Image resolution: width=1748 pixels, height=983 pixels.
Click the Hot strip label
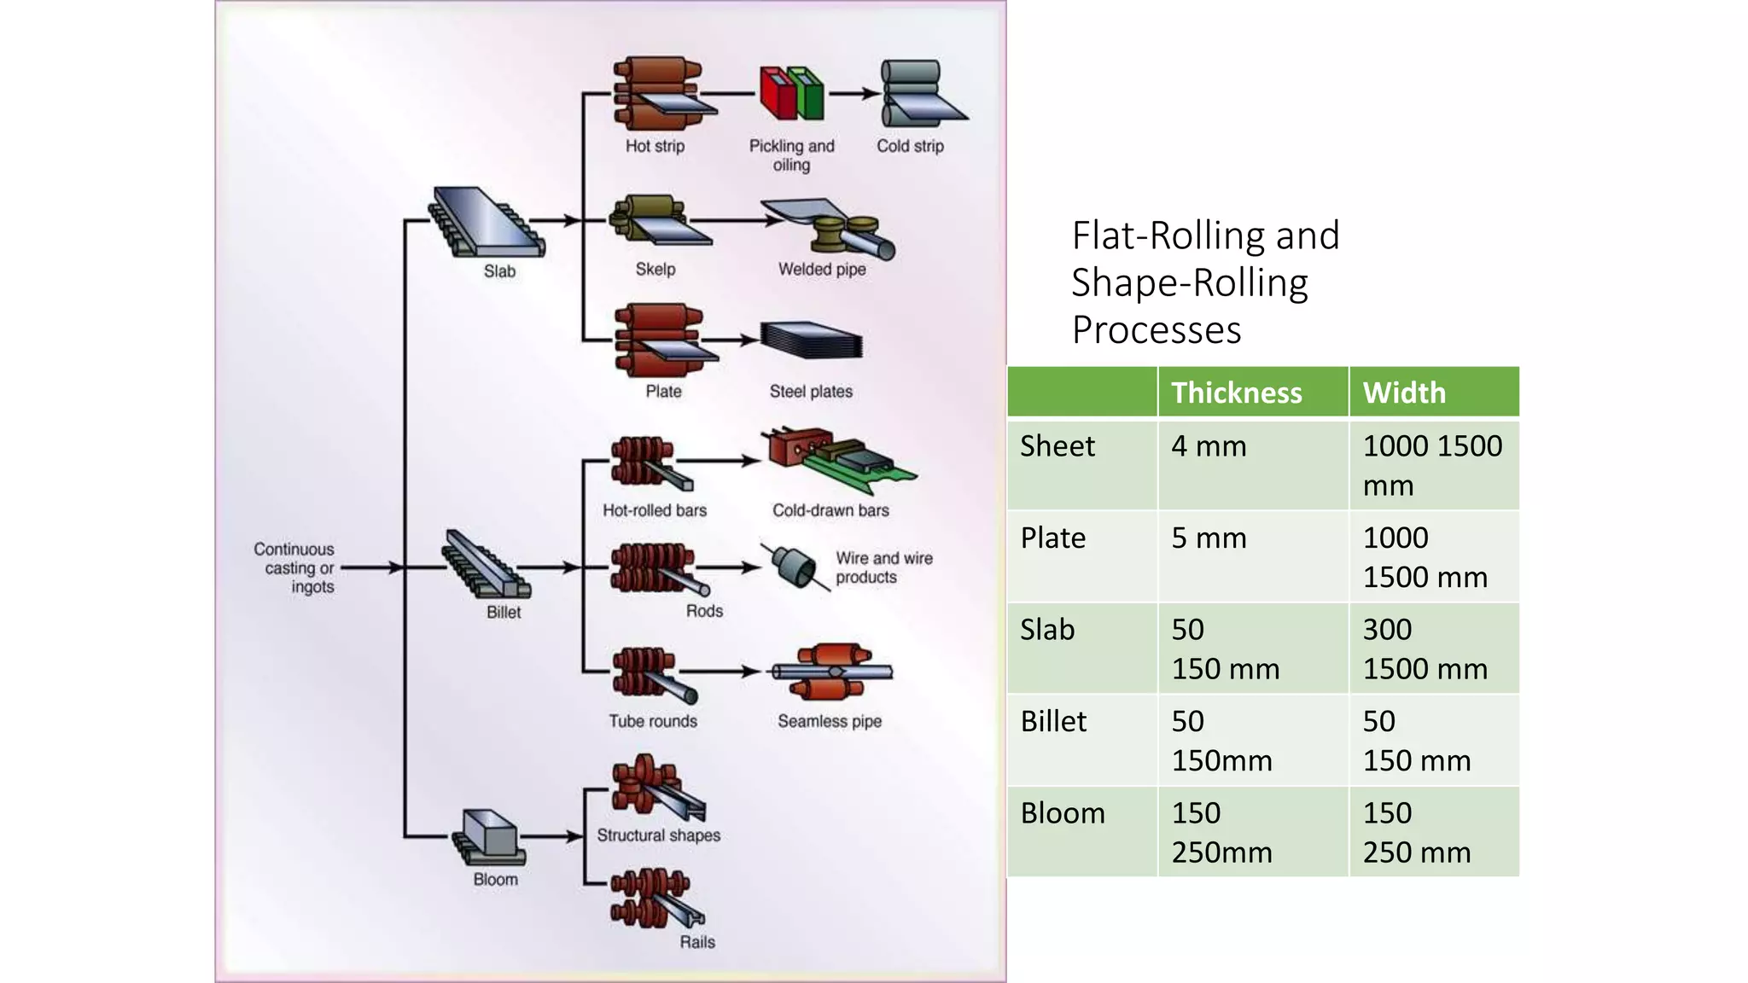click(655, 146)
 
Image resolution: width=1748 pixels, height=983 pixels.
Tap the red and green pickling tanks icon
click(791, 93)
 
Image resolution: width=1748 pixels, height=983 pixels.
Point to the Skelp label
click(655, 269)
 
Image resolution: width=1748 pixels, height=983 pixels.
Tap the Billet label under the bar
click(504, 612)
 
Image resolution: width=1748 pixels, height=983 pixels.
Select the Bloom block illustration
click(489, 834)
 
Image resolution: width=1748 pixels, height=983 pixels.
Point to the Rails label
click(696, 942)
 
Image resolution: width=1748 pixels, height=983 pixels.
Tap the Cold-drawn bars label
click(830, 510)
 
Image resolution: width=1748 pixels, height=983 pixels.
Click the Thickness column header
click(1236, 393)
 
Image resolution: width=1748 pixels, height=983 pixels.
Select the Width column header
click(1404, 393)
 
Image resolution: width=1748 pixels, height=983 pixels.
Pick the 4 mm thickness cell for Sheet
click(1209, 446)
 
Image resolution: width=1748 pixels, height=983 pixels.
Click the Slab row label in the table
click(1047, 630)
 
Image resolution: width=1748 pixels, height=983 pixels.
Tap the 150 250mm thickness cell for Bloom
click(1221, 832)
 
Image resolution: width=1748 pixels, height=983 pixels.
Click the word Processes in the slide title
click(1157, 329)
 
